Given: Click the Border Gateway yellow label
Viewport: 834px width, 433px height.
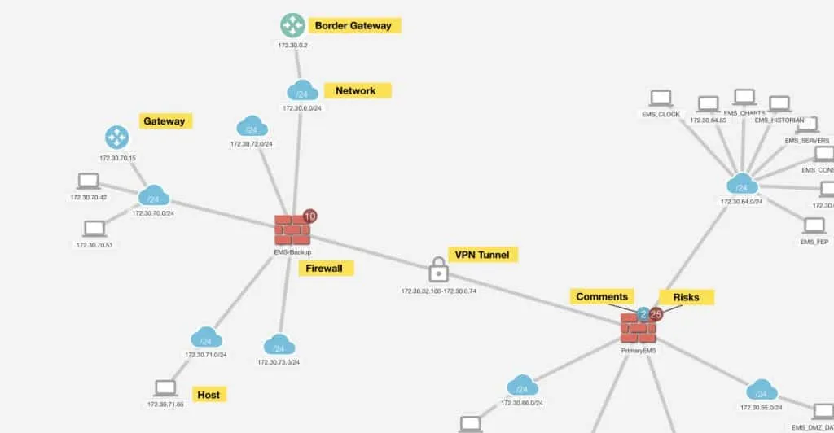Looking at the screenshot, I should coord(353,25).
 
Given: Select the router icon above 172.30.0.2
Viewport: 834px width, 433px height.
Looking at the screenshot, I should coord(292,25).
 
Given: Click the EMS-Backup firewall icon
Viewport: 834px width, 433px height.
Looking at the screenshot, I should coord(292,230).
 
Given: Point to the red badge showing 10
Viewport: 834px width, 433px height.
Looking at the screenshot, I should coord(309,216).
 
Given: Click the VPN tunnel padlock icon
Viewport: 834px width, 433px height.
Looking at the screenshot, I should coord(438,269).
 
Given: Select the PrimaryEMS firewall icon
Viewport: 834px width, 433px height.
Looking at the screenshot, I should coord(639,329).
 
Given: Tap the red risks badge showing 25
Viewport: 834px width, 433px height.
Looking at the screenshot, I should coord(656,313).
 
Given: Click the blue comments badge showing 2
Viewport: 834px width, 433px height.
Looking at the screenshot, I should coord(643,313).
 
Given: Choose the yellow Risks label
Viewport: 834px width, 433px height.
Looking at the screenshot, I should coord(686,297).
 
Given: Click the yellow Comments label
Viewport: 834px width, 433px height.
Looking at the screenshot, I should coord(602,297).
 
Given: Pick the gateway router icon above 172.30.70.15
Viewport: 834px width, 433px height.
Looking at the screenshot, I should coord(117,138).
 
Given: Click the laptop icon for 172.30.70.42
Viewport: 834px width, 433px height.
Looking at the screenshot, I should coord(89,181).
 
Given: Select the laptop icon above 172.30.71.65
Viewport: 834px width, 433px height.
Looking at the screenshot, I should coord(165,388).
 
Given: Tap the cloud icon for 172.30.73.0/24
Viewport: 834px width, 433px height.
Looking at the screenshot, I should coord(279,345).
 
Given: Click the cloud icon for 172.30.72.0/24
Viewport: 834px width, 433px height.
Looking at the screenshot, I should coord(252,128).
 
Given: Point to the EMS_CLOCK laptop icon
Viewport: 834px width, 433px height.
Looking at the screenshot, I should coord(661,99).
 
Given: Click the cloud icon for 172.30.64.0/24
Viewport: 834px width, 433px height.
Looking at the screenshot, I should coord(741,184).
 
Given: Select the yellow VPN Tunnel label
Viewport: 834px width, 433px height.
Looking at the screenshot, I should coord(482,255).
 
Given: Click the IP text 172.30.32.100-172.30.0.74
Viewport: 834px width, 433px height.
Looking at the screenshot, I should coord(438,291).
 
